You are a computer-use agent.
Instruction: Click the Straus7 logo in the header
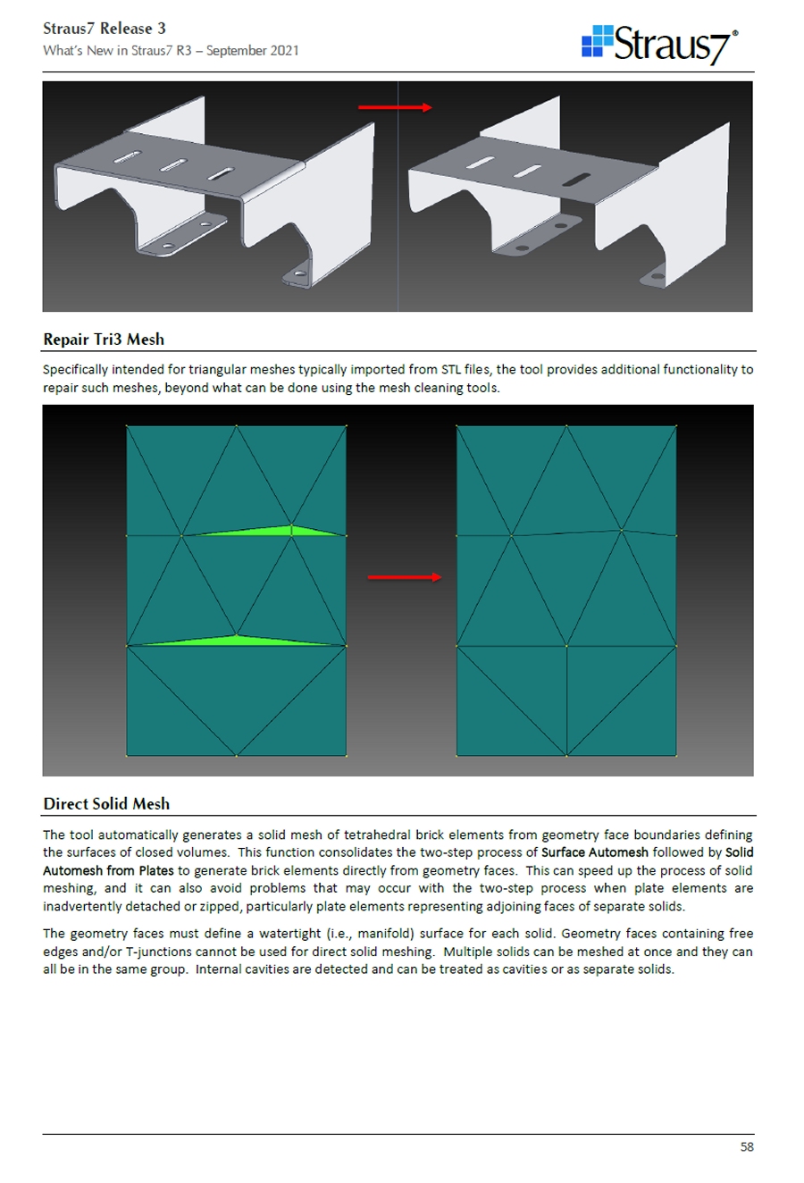(x=660, y=43)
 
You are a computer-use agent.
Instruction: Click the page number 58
(x=747, y=1146)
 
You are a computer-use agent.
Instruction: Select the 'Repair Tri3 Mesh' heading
(x=104, y=340)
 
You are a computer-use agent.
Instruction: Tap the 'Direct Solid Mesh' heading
(x=106, y=804)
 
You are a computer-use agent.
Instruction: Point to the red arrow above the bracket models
(x=395, y=107)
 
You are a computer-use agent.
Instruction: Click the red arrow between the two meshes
(x=405, y=577)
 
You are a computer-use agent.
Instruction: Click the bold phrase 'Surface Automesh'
(x=594, y=852)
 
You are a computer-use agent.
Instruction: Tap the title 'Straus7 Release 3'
(x=104, y=29)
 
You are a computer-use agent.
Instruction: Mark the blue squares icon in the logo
(x=597, y=41)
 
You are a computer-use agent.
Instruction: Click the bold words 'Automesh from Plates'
(x=108, y=870)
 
